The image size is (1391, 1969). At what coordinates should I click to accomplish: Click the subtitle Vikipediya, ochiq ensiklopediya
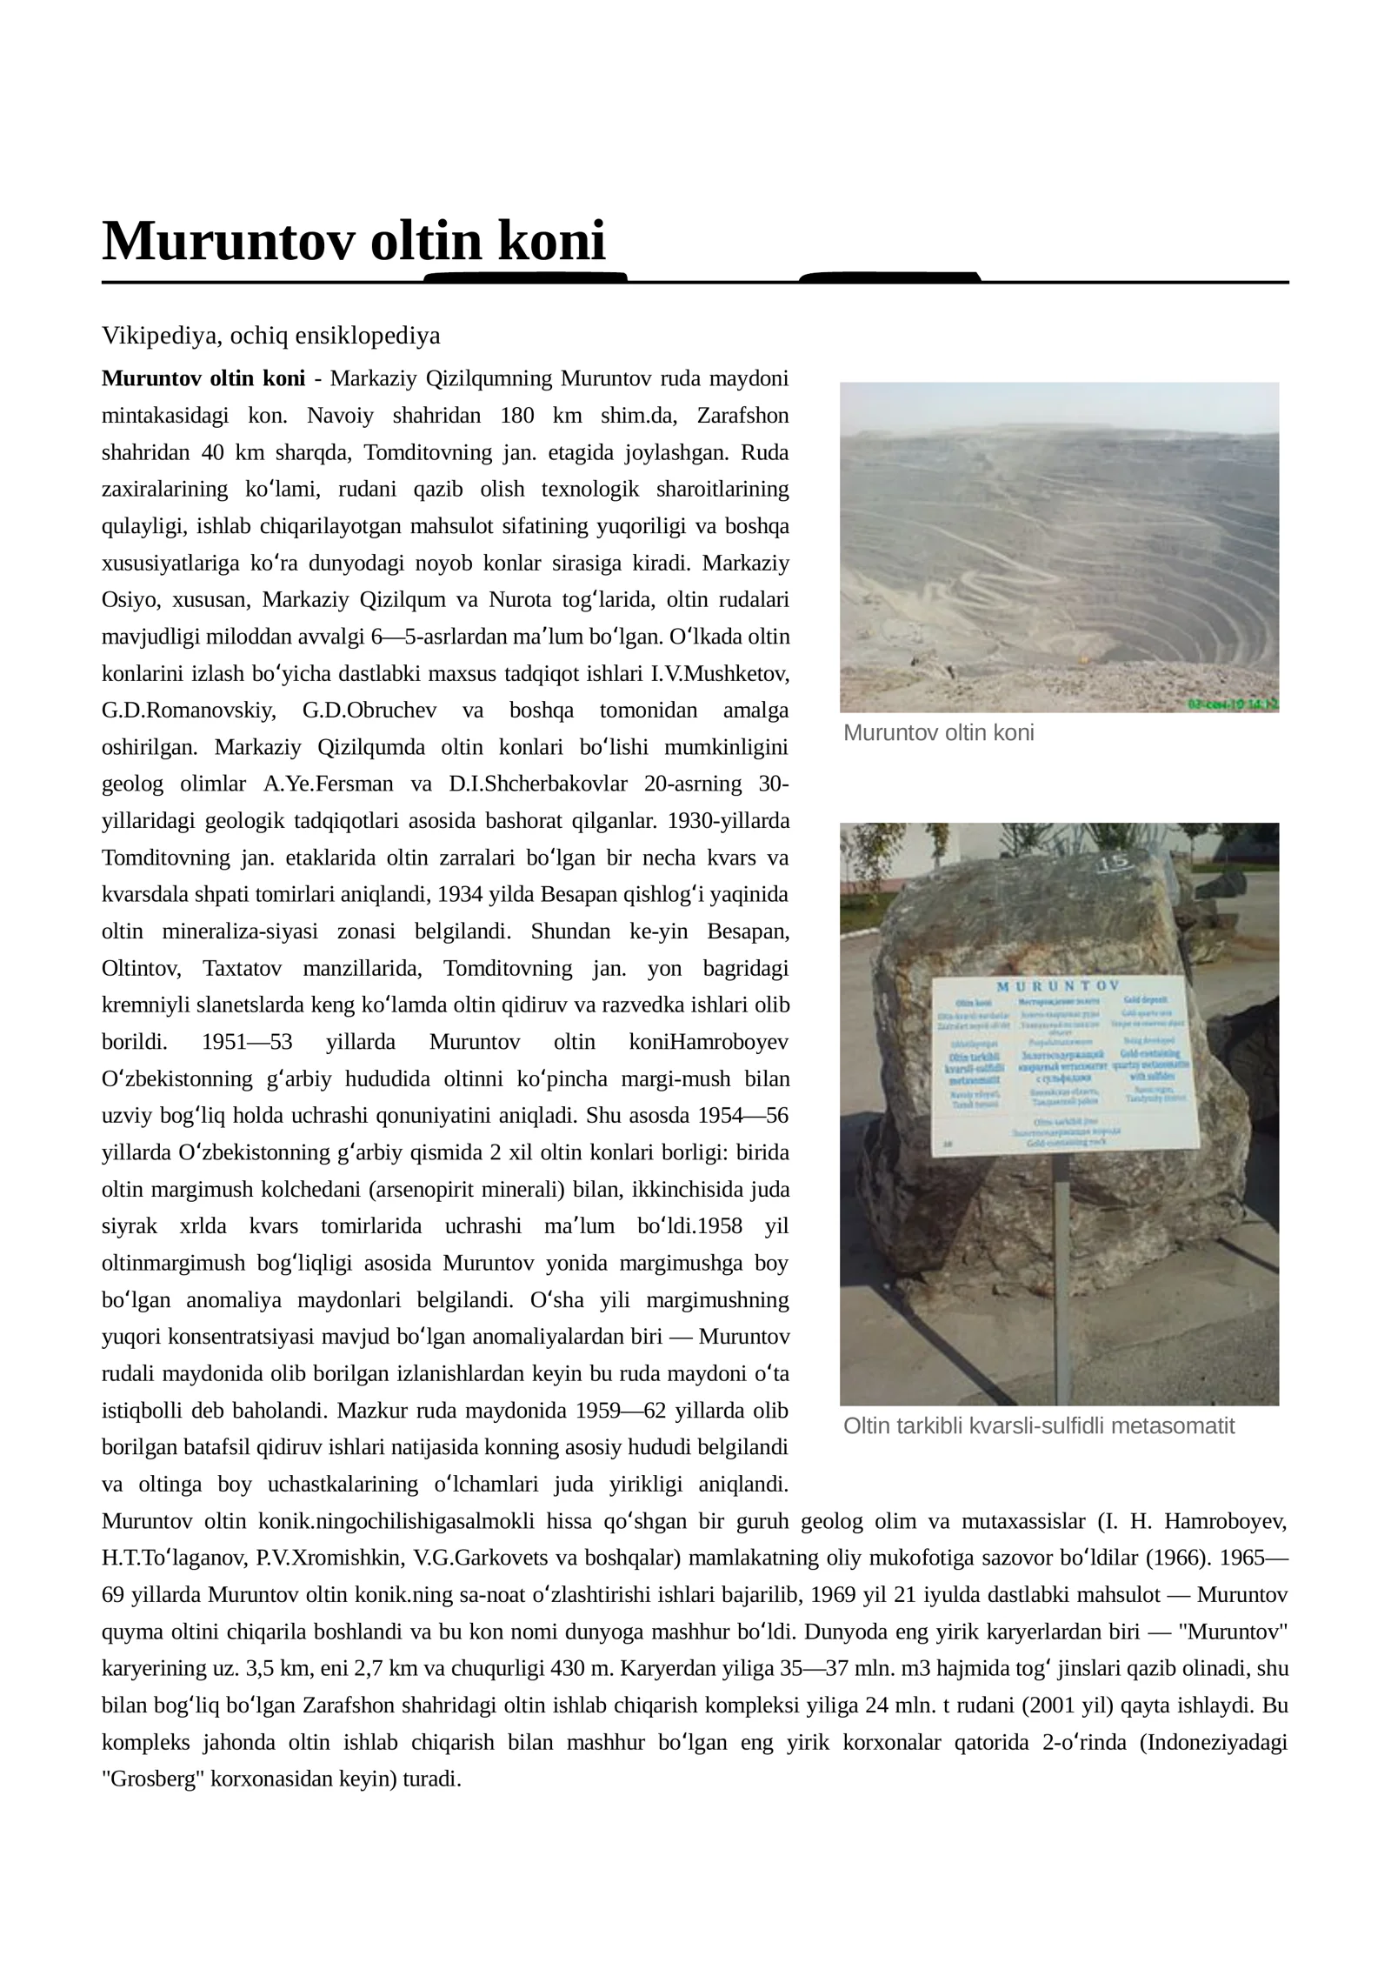270,336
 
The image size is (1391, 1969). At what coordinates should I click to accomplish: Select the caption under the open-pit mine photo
938,733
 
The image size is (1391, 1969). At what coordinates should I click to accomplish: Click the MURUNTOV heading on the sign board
1056,986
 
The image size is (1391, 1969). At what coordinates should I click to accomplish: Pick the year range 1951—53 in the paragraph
247,1042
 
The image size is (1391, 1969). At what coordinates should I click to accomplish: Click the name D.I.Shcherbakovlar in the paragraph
537,784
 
